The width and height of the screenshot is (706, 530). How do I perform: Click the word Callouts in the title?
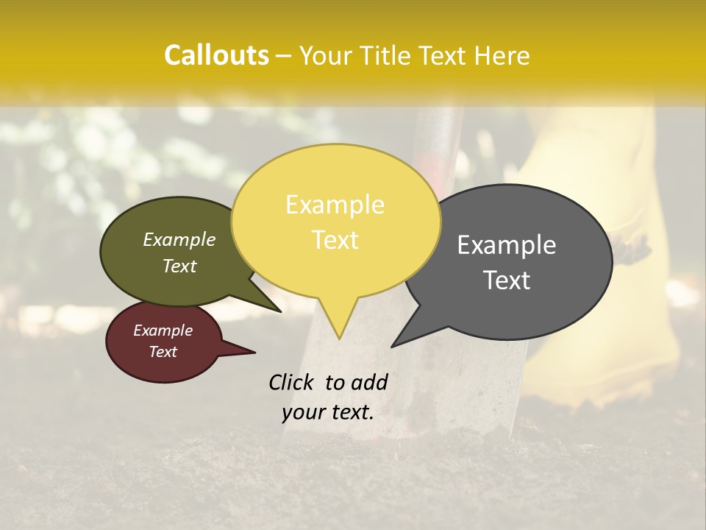coord(216,55)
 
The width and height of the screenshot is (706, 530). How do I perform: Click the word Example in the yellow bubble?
coord(335,205)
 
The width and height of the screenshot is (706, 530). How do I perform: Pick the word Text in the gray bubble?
coord(507,280)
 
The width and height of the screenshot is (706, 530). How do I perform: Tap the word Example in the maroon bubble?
coord(163,331)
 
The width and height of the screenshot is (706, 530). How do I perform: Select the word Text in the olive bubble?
coord(179,266)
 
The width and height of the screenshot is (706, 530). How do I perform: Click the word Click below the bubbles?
coord(291,382)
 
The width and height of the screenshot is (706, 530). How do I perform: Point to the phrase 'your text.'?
coord(328,412)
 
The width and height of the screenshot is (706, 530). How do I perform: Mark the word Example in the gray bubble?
coord(507,245)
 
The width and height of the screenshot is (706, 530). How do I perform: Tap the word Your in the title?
coord(324,55)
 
